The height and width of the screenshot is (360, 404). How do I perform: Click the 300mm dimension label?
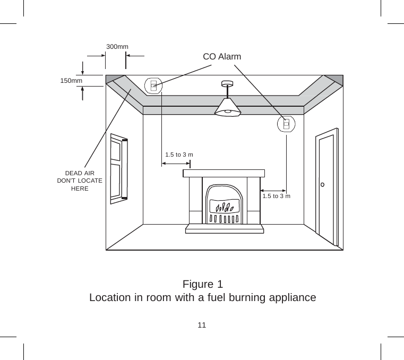pyautogui.click(x=117, y=47)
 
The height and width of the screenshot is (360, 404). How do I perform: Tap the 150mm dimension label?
pyautogui.click(x=71, y=81)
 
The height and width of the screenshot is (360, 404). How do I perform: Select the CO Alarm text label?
pyautogui.click(x=222, y=56)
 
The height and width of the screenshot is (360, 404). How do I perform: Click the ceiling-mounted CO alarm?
pyautogui.click(x=153, y=85)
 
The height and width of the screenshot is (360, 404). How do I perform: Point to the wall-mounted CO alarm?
pyautogui.click(x=286, y=124)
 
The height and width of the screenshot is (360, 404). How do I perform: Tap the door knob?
pyautogui.click(x=322, y=185)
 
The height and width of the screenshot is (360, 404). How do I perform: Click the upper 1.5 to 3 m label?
pyautogui.click(x=179, y=155)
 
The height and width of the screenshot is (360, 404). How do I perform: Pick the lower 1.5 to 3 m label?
pyautogui.click(x=277, y=196)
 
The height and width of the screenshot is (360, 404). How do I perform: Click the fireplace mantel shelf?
pyautogui.click(x=224, y=173)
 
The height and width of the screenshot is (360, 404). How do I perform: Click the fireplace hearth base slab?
pyautogui.click(x=224, y=229)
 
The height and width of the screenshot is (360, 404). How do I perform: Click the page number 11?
pyautogui.click(x=202, y=324)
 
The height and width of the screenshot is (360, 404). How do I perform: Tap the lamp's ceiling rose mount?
pyautogui.click(x=227, y=84)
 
